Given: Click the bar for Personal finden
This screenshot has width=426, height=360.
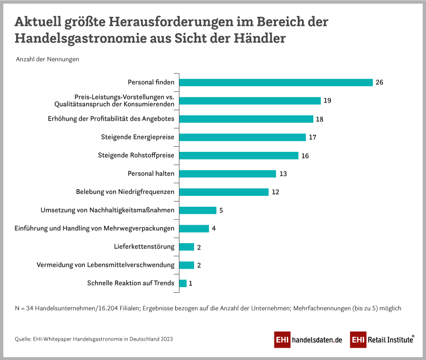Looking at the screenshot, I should [276, 82].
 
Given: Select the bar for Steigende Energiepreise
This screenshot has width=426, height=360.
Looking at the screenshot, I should [242, 137].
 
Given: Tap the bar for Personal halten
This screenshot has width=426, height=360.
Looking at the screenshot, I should [227, 174].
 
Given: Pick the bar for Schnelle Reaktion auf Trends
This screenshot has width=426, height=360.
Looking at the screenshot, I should [183, 283].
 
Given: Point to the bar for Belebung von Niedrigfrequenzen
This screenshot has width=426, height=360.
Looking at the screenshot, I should [224, 192].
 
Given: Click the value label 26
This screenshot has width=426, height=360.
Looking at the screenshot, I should [379, 82].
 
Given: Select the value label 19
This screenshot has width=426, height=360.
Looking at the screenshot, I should [327, 101].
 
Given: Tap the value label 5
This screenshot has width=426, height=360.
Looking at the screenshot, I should [221, 210].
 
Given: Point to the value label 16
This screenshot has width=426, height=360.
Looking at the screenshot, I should [305, 156].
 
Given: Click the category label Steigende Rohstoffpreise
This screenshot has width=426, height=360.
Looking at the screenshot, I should [136, 155].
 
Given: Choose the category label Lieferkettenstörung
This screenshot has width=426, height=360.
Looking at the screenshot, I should [144, 246].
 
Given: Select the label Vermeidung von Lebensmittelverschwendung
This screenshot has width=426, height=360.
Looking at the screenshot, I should [105, 265].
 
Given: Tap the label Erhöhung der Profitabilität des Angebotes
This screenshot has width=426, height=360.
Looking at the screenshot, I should [111, 119].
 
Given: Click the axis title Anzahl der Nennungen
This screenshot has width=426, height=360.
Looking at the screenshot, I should [47, 60].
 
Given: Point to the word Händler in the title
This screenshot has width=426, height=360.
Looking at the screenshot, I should [260, 38].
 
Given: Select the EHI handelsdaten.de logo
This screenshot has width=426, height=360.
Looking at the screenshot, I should [308, 340].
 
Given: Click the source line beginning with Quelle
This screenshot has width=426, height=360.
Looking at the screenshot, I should [94, 339].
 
